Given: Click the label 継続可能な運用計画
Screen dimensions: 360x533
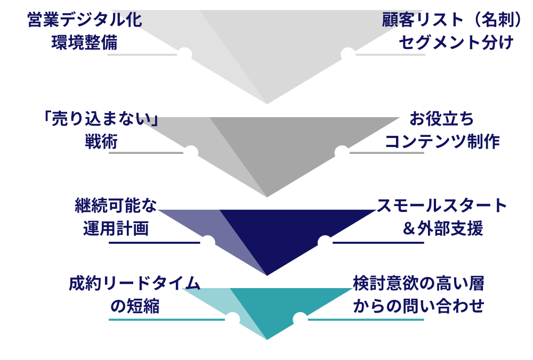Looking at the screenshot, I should (x=116, y=217).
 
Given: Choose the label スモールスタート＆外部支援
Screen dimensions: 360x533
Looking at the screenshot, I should (x=442, y=217).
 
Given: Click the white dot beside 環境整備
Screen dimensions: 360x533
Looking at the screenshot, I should (x=185, y=54).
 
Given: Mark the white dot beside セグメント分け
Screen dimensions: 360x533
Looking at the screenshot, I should (x=348, y=54).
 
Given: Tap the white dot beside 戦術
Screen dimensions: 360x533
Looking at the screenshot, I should (x=191, y=153).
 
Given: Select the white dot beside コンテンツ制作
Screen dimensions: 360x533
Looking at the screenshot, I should (x=341, y=153).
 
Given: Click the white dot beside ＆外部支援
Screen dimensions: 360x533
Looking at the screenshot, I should (x=324, y=243).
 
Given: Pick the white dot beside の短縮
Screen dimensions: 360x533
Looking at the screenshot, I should (x=233, y=320).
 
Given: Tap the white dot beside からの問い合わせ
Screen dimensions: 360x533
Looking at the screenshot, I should (x=300, y=320).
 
